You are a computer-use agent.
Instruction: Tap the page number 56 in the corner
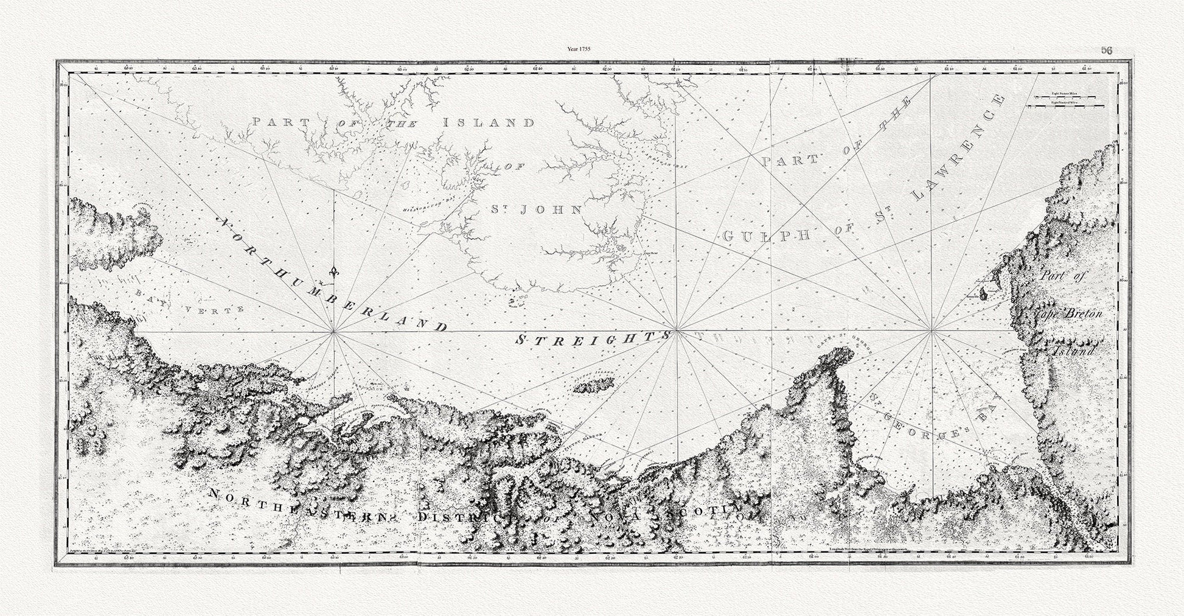1106,51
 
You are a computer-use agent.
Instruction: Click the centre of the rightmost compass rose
932,331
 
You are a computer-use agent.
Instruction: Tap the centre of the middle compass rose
677,331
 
